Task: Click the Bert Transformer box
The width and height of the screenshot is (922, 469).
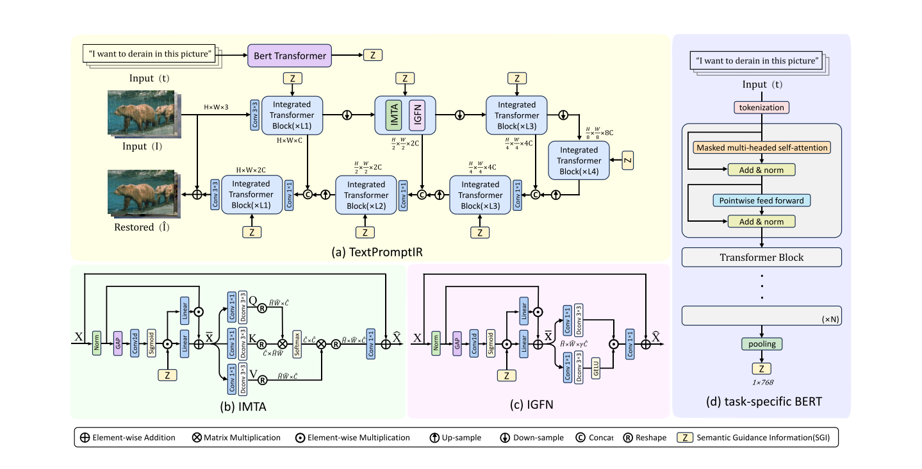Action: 290,56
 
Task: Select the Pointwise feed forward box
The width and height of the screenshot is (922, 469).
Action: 762,201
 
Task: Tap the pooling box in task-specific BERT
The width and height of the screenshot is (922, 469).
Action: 762,344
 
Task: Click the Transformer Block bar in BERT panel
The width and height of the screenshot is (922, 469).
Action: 762,258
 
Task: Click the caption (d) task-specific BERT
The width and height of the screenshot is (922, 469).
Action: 762,402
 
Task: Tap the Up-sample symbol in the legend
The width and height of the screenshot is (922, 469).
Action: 434,438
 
